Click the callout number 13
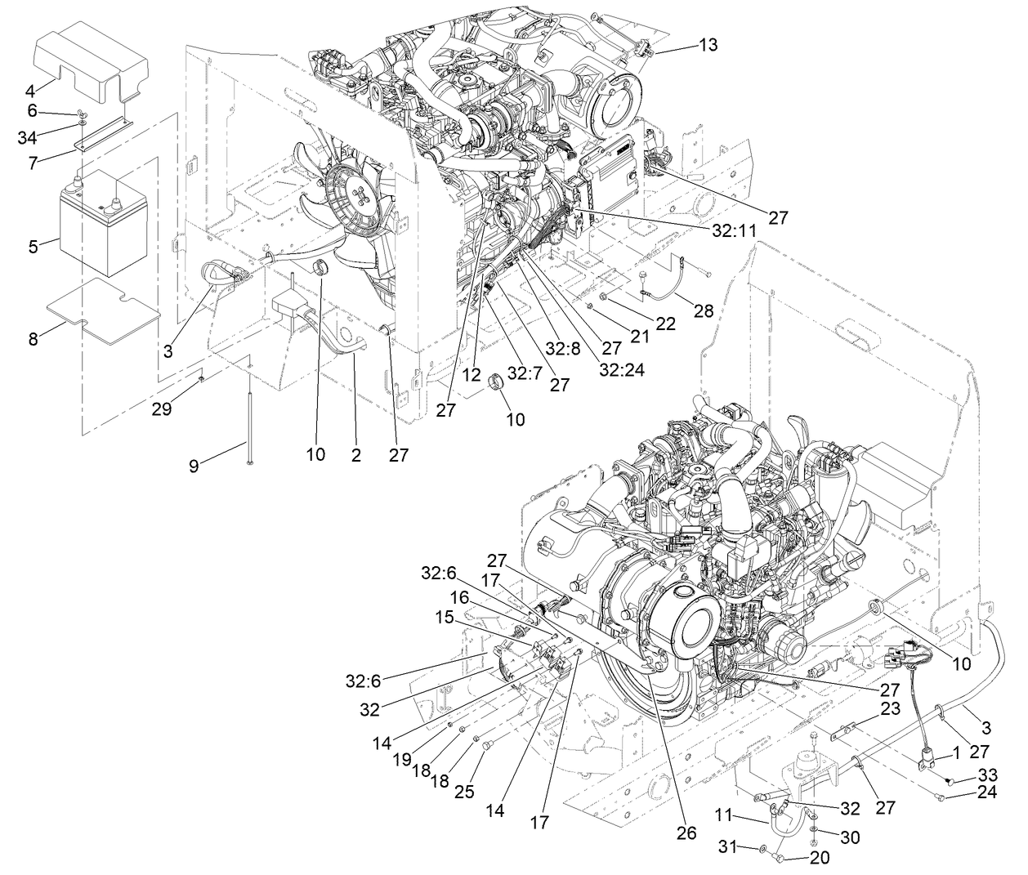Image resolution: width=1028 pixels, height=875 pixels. (x=708, y=45)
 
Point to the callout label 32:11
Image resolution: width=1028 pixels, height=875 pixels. (x=734, y=231)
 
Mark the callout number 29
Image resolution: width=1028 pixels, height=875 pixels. (x=161, y=408)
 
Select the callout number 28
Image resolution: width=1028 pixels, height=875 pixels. (x=703, y=311)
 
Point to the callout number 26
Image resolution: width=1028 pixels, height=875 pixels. (x=686, y=833)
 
